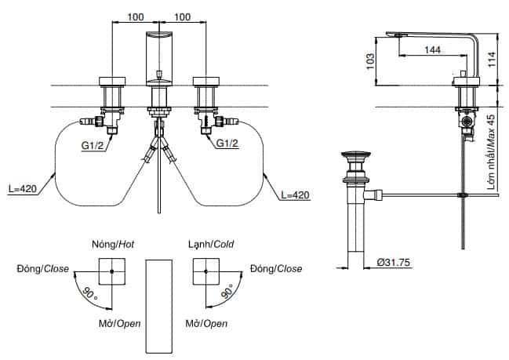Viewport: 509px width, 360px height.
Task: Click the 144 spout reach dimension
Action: click(x=432, y=49)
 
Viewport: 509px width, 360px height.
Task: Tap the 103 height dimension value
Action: click(x=370, y=61)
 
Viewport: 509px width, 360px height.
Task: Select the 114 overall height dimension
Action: click(x=492, y=60)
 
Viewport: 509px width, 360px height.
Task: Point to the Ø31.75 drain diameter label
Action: click(x=394, y=262)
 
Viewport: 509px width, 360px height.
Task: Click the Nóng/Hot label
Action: click(x=113, y=244)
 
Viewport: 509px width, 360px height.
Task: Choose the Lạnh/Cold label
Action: click(x=211, y=244)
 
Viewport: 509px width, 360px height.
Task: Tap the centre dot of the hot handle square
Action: click(x=111, y=271)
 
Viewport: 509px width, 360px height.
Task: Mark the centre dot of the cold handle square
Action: click(x=205, y=271)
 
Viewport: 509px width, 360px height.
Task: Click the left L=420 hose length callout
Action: click(x=23, y=188)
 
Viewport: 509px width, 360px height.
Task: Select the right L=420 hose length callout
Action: click(x=296, y=195)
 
